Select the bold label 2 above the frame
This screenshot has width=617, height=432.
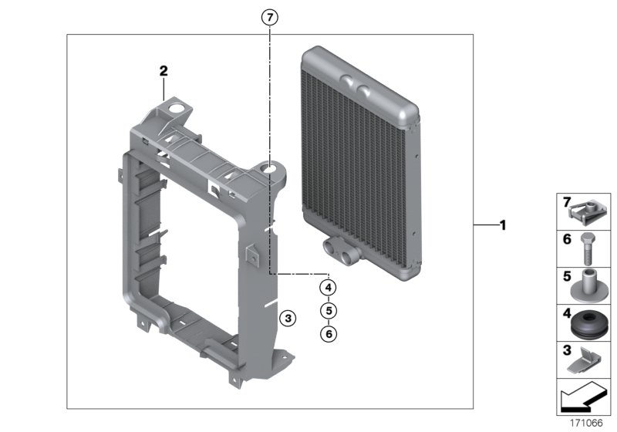pyautogui.click(x=163, y=71)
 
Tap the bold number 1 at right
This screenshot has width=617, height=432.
pyautogui.click(x=502, y=225)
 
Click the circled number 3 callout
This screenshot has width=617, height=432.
pyautogui.click(x=287, y=318)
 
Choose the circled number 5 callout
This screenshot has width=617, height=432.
pyautogui.click(x=329, y=310)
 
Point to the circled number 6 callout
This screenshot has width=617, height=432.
pyautogui.click(x=329, y=333)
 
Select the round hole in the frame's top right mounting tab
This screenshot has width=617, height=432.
pyautogui.click(x=271, y=165)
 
